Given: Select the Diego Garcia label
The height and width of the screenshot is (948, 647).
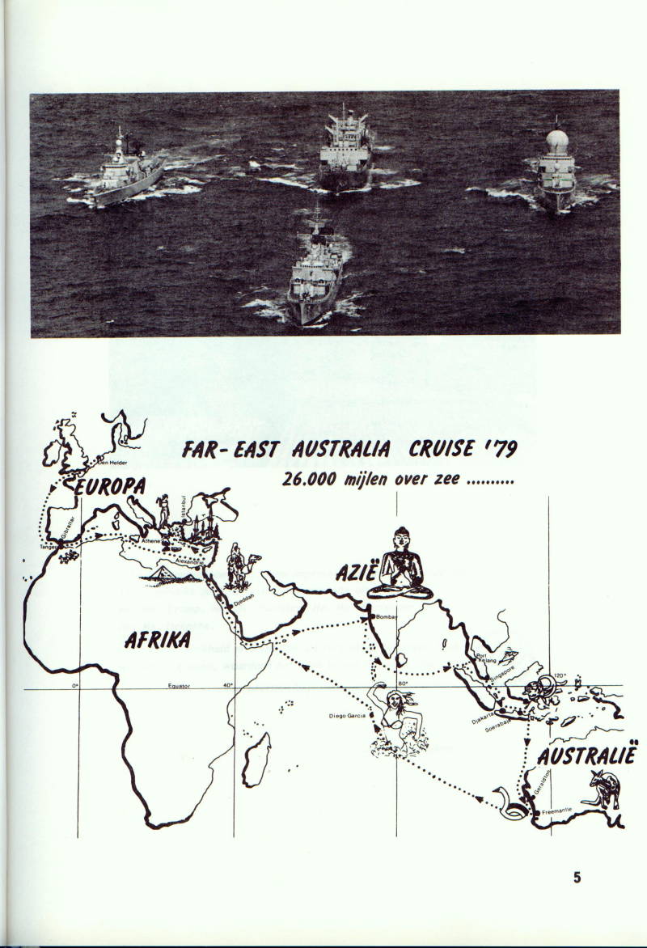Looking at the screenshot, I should coord(348,716).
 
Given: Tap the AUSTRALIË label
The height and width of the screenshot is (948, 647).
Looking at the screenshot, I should coord(586,757).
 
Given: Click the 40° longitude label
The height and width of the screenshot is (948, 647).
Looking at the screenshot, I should coord(228,685).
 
